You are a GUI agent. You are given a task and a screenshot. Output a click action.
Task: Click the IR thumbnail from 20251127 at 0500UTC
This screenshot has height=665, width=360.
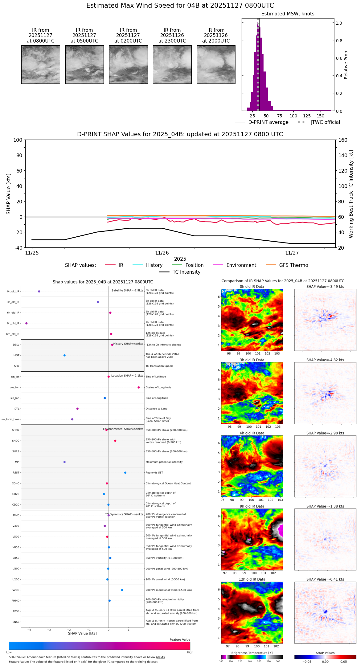coord(84,64)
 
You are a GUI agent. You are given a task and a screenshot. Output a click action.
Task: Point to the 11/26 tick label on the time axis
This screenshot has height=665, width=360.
coord(162,253)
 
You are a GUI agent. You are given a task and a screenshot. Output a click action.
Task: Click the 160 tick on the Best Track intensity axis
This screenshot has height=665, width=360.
coord(343,140)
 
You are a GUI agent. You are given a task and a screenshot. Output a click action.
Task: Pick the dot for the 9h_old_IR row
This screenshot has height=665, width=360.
coord(27,323)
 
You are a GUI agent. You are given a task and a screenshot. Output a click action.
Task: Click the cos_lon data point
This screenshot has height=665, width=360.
coord(139,387)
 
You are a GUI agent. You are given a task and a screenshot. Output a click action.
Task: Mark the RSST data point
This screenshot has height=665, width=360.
coord(125,472)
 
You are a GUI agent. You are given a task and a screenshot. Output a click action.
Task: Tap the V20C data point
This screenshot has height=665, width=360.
coord(122,590)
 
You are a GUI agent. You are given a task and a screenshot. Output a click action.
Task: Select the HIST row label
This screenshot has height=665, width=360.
coord(16,355)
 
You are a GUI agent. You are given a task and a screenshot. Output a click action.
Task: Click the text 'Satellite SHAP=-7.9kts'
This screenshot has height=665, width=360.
coord(127,290)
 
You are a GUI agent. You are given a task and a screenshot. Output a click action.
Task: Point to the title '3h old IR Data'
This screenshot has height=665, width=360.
coord(252,360)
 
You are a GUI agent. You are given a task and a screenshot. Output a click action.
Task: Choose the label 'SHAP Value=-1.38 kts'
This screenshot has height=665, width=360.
coord(325,506)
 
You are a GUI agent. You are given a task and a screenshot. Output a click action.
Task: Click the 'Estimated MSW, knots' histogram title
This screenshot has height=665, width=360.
coord(288,14)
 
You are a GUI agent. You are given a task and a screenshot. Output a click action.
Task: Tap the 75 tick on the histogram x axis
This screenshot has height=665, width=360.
coord(280,116)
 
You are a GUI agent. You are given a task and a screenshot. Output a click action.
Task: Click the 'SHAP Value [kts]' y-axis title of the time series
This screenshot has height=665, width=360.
coord(9,194)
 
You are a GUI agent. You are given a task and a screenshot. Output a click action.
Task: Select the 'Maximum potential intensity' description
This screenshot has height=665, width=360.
coord(164,462)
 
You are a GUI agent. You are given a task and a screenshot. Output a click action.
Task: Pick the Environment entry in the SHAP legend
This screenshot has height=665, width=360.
coord(241,265)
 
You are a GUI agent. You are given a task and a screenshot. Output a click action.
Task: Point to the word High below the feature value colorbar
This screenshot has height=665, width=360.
coord(190,652)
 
